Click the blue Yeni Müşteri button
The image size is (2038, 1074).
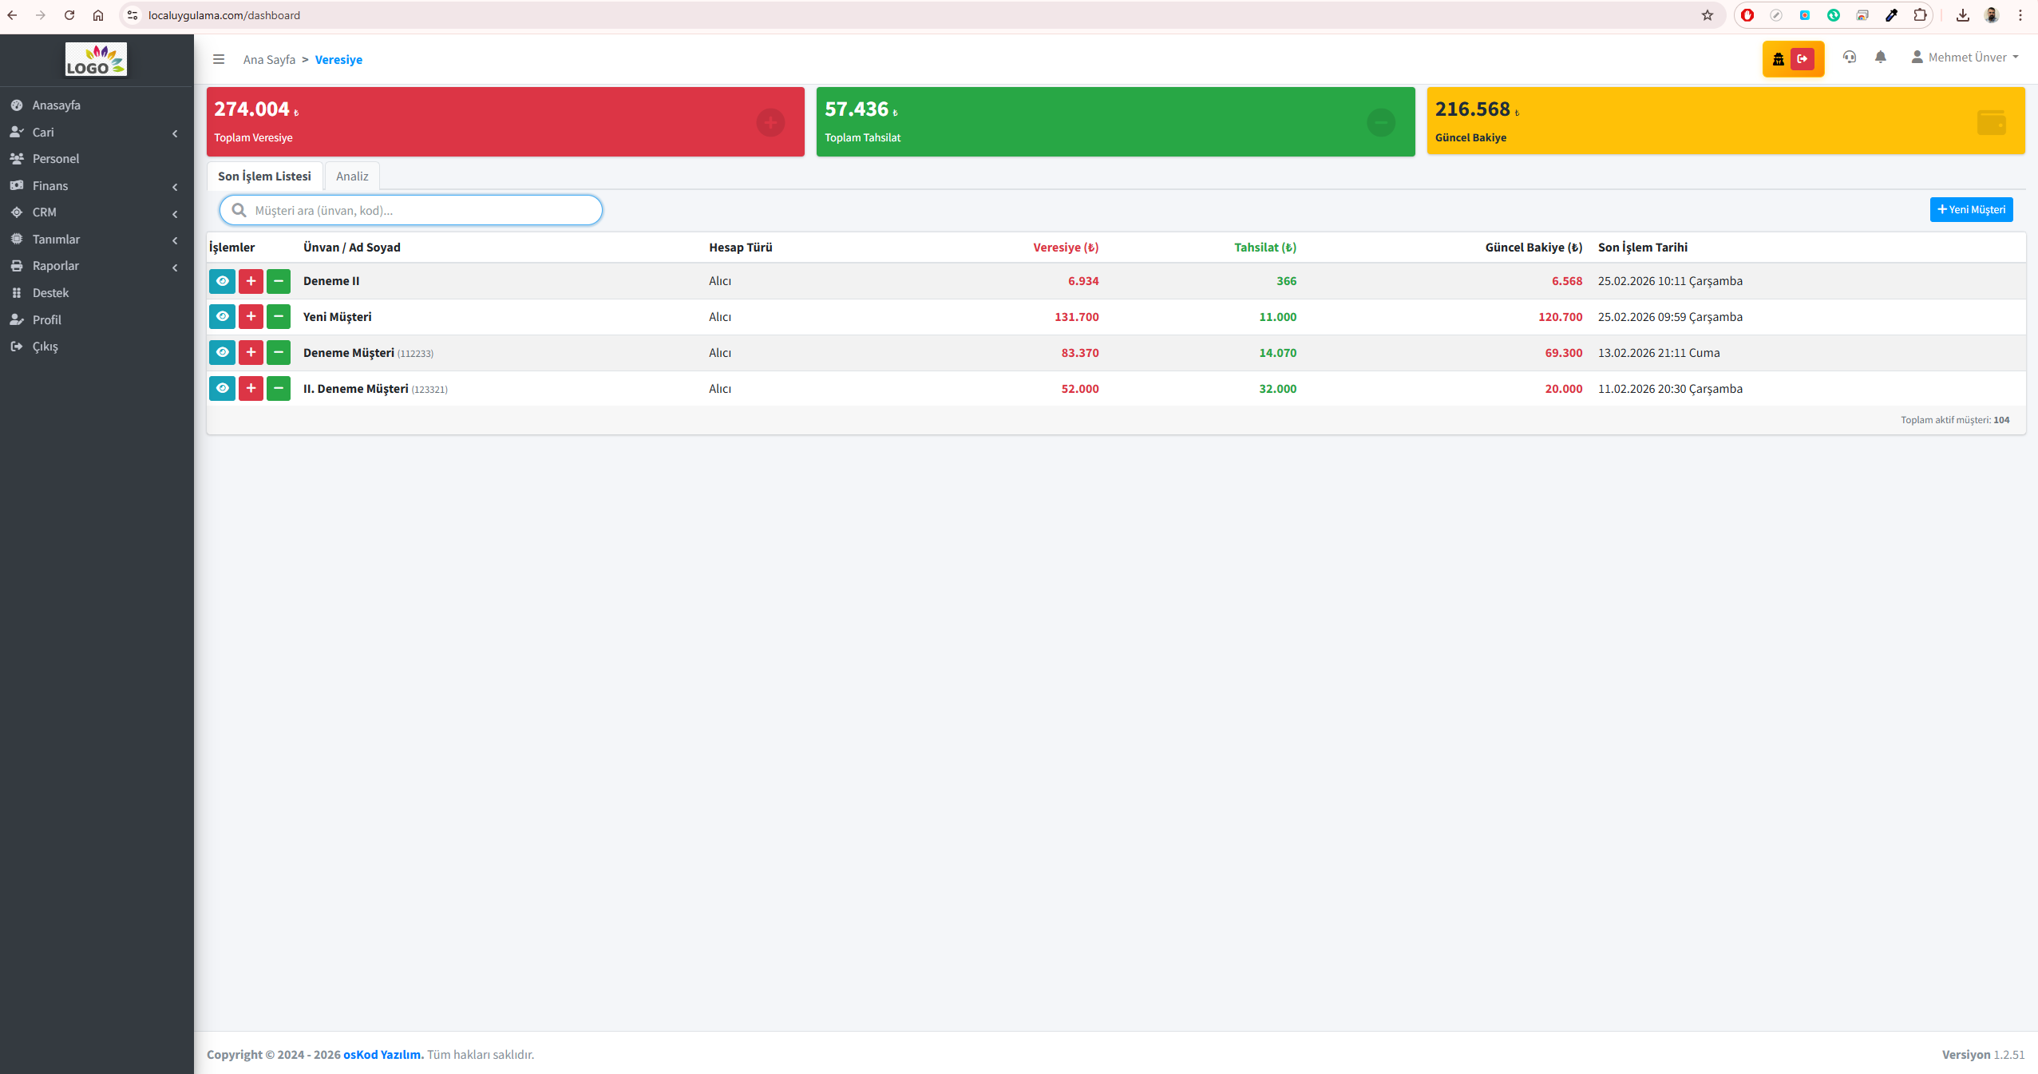pyautogui.click(x=1971, y=209)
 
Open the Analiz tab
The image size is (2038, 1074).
pyautogui.click(x=352, y=176)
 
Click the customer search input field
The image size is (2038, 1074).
pyautogui.click(x=411, y=210)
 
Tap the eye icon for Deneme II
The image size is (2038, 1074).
pyautogui.click(x=222, y=281)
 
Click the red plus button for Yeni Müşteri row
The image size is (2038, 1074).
pyautogui.click(x=251, y=317)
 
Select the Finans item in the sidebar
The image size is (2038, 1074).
pyautogui.click(x=50, y=186)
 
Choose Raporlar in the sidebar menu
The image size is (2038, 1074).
pyautogui.click(x=56, y=266)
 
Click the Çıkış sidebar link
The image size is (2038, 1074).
pyautogui.click(x=46, y=347)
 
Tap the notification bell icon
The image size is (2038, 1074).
pyautogui.click(x=1881, y=57)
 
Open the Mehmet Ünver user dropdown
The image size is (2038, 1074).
pyautogui.click(x=1965, y=57)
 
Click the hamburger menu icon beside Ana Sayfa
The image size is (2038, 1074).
pyautogui.click(x=219, y=59)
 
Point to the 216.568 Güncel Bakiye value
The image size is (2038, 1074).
pyautogui.click(x=1473, y=109)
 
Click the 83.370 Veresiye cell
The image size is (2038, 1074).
pyautogui.click(x=1080, y=353)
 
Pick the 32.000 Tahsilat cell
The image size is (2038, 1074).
pyautogui.click(x=1278, y=389)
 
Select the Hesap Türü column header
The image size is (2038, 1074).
pyautogui.click(x=741, y=248)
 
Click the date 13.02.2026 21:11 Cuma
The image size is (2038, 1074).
pyautogui.click(x=1659, y=353)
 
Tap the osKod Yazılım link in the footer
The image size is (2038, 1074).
pyautogui.click(x=383, y=1054)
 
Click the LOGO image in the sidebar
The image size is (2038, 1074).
pyautogui.click(x=96, y=59)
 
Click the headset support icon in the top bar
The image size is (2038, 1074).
pyautogui.click(x=1850, y=57)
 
